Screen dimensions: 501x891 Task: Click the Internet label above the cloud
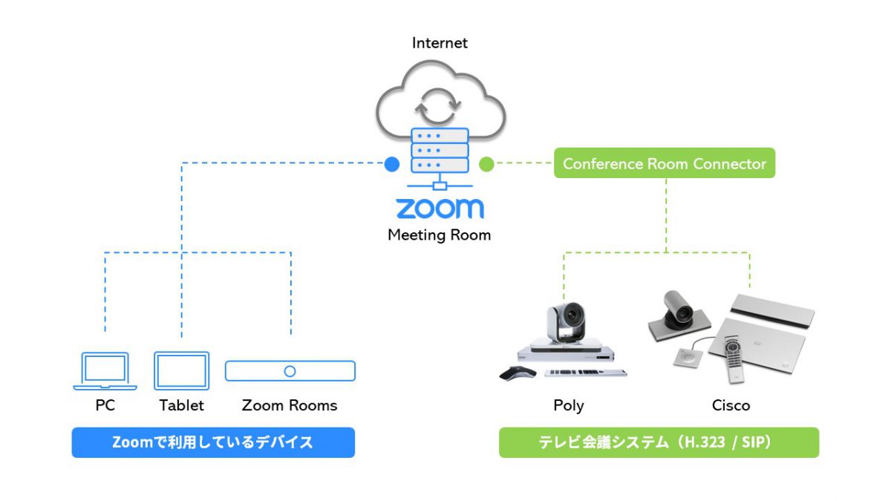[440, 43]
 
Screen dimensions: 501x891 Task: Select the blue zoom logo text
[440, 209]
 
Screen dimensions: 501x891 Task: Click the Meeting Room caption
[440, 235]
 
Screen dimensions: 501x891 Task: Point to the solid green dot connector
[486, 164]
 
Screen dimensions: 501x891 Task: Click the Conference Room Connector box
[665, 164]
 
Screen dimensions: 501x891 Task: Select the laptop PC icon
[105, 371]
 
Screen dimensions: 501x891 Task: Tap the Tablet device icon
[181, 371]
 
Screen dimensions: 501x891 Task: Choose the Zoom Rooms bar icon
[290, 371]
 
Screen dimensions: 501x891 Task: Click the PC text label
[105, 405]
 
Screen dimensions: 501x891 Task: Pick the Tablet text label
[181, 405]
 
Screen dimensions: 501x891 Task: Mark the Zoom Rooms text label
[290, 405]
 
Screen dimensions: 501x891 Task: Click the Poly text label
[569, 405]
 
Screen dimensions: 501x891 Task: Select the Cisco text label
[731, 405]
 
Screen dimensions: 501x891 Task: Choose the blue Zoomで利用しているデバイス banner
[213, 442]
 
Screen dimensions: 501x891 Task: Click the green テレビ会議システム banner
[659, 442]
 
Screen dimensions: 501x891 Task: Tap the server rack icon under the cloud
[440, 151]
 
